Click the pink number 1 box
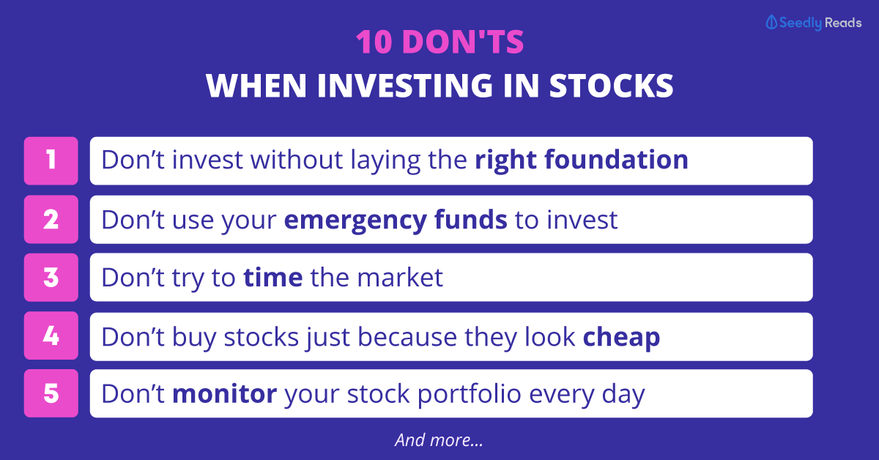tap(51, 161)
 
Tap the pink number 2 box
tap(51, 220)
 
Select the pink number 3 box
tap(51, 278)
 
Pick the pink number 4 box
tap(51, 335)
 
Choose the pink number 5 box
tap(51, 393)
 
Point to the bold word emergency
tap(355, 220)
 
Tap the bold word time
tap(273, 277)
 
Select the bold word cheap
tap(622, 338)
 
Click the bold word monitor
tap(224, 393)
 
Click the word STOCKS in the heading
tap(611, 86)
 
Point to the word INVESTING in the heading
tap(404, 86)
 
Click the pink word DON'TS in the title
tap(463, 42)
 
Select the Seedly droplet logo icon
tap(771, 23)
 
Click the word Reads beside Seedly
tap(843, 23)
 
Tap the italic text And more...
tap(439, 440)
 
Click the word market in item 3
tap(400, 277)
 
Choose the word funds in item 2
tap(471, 219)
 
